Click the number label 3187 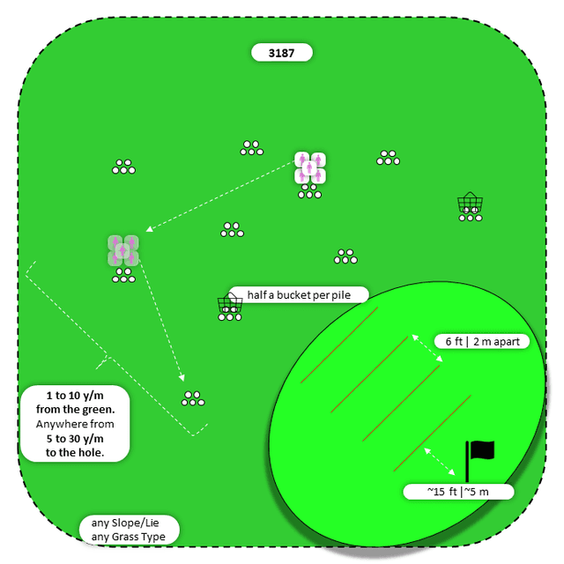[x=282, y=53]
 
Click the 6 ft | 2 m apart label [x=480, y=341]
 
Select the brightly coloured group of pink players [x=310, y=167]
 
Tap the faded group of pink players [x=123, y=250]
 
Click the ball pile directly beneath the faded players [x=123, y=277]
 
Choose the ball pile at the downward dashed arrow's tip [x=194, y=398]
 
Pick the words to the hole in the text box [x=75, y=453]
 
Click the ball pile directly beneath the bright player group [x=310, y=192]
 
